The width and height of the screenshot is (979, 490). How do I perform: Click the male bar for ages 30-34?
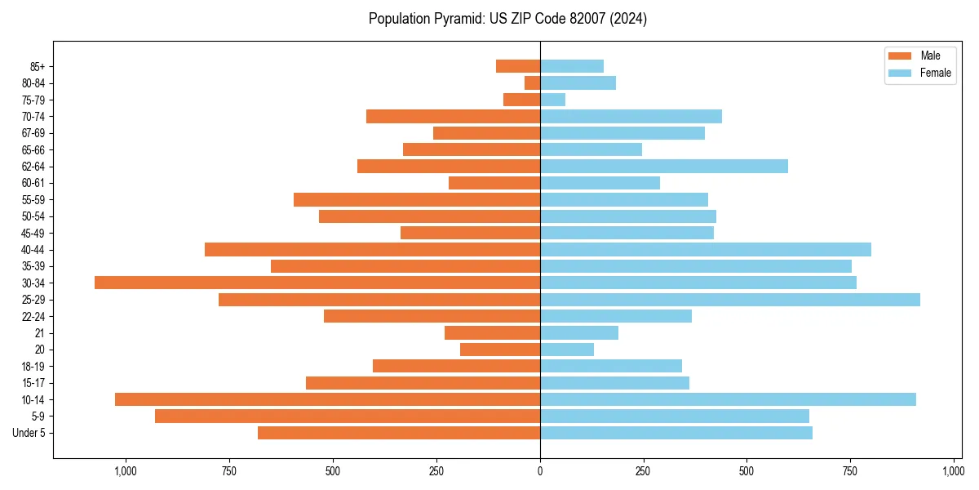[x=317, y=283]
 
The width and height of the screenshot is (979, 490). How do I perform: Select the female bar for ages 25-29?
[x=730, y=300]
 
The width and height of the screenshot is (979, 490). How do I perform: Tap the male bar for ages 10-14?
[x=327, y=399]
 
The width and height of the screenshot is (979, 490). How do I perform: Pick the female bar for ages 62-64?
[x=664, y=167]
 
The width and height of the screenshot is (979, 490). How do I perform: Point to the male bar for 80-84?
[x=532, y=82]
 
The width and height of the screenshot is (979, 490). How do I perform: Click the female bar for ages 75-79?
[x=552, y=100]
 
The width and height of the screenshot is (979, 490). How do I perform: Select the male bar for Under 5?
[x=399, y=433]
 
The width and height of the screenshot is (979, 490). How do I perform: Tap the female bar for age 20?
[x=567, y=350]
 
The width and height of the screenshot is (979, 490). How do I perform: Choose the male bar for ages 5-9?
[x=348, y=416]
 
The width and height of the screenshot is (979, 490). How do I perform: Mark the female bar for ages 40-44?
[x=706, y=249]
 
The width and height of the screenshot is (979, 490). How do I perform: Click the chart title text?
[x=507, y=19]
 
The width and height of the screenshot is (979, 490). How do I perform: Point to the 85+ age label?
[x=36, y=66]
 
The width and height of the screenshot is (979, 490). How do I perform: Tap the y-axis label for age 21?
[x=40, y=333]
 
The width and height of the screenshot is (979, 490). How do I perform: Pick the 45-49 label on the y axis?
[x=33, y=233]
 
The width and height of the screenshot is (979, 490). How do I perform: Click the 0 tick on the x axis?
[x=540, y=471]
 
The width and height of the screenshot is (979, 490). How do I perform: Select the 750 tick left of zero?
[x=229, y=471]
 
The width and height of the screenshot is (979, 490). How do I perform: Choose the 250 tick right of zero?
[x=644, y=471]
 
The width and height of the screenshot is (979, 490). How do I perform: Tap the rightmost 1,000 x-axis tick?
[x=954, y=471]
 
